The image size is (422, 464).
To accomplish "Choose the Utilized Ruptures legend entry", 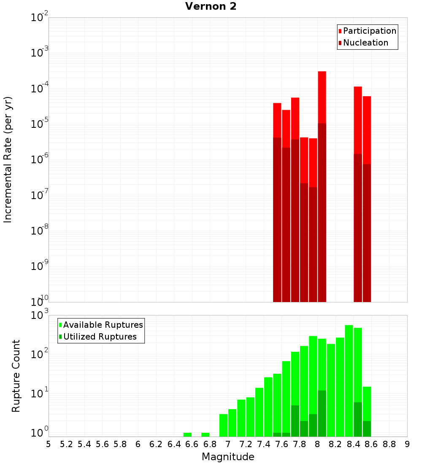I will click(99, 337).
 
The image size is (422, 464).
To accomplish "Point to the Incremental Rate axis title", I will click(8, 159).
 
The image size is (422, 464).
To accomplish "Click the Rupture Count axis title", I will click(16, 376).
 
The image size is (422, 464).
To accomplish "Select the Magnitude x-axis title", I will click(228, 457).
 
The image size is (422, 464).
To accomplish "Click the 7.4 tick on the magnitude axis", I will click(264, 444).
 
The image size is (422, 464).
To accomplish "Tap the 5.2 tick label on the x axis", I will click(66, 444).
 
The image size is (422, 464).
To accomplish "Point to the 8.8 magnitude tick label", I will click(389, 444).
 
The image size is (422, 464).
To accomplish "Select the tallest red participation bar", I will click(322, 97).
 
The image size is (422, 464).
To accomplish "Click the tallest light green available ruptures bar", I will click(349, 380).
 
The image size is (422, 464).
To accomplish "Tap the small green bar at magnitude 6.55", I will click(188, 434).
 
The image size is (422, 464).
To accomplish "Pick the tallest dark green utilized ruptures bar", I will click(322, 413).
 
